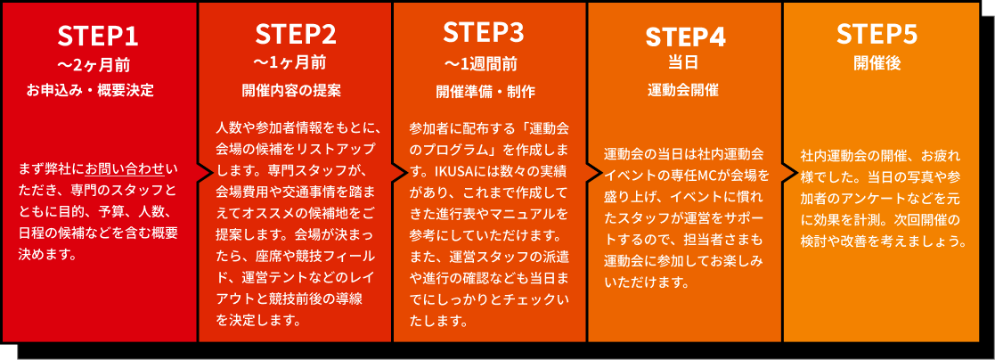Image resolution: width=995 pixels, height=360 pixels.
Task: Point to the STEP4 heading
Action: (x=685, y=37)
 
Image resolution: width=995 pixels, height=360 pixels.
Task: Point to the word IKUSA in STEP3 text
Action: (x=456, y=168)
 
